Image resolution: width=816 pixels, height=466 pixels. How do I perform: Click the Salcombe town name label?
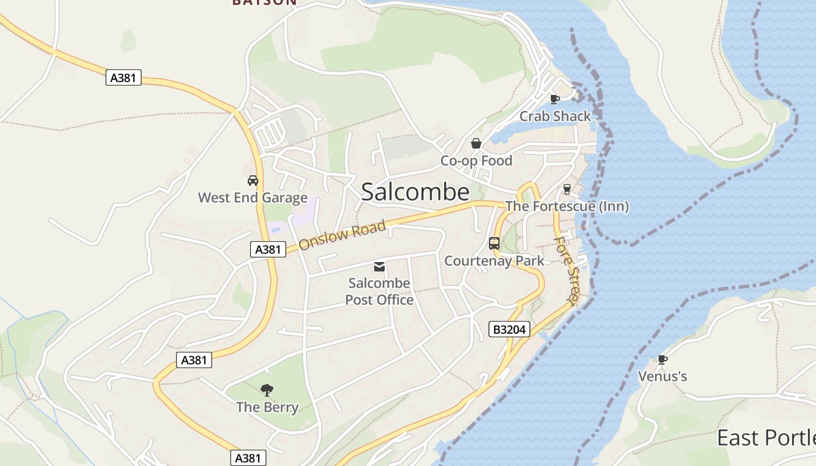tap(415, 192)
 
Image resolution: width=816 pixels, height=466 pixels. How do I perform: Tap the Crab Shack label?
tap(555, 116)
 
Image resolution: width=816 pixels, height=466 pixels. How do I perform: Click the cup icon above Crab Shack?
tap(555, 99)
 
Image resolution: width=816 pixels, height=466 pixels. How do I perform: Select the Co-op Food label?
tap(476, 161)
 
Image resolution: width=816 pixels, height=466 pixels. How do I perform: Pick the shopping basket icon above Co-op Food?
tap(476, 143)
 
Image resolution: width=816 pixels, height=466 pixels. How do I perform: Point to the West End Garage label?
tap(252, 197)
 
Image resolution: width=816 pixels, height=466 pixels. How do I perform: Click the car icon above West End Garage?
tap(253, 181)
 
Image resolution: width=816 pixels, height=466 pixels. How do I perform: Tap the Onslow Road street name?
tap(343, 235)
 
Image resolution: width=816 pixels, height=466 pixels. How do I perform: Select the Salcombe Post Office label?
tap(379, 291)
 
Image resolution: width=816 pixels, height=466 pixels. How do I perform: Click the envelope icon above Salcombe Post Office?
tap(379, 267)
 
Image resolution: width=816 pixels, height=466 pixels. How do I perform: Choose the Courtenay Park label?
tap(494, 260)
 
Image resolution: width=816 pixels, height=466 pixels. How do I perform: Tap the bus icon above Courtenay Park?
tap(494, 243)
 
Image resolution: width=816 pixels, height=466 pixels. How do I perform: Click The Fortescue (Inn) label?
tap(567, 206)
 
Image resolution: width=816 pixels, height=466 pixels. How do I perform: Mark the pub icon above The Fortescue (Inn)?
tap(567, 189)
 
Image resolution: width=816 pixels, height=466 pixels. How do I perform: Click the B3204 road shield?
tap(509, 330)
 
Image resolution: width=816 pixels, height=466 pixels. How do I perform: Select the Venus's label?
tap(663, 376)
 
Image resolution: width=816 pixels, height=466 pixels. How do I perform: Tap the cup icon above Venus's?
tap(662, 359)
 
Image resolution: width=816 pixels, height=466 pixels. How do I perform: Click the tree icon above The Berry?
tap(267, 390)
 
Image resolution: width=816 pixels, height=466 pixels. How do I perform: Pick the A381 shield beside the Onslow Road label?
tap(268, 249)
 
